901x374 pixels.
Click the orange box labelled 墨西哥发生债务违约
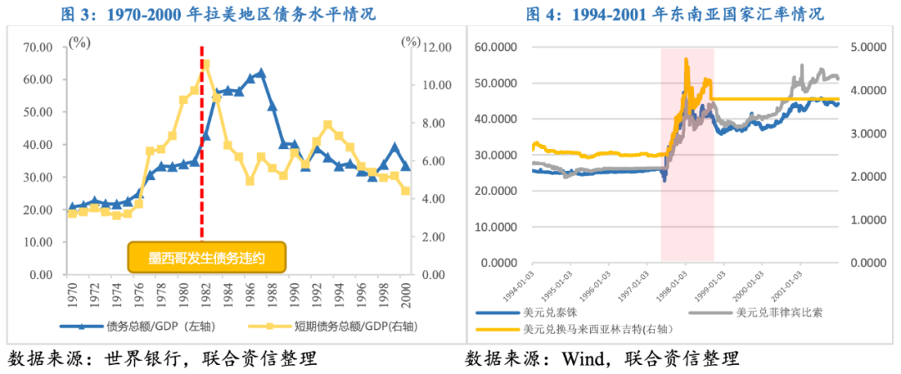pyautogui.click(x=207, y=257)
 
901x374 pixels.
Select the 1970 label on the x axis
pyautogui.click(x=73, y=293)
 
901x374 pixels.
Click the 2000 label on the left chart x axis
pyautogui.click(x=405, y=293)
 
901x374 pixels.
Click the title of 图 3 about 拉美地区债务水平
pyautogui.click(x=219, y=14)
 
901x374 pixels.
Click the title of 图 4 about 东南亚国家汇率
pyautogui.click(x=674, y=14)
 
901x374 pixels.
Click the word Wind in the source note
pyautogui.click(x=571, y=360)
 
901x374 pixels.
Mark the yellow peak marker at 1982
pyautogui.click(x=206, y=64)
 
